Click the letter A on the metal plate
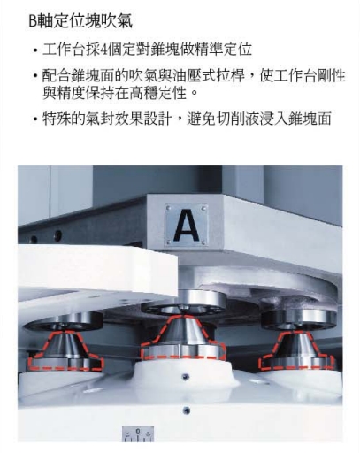[x=186, y=223]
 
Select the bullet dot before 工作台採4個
[x=34, y=46]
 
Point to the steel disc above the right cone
[x=298, y=317]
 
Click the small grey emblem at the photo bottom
[x=138, y=434]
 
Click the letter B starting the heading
[x=33, y=16]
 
